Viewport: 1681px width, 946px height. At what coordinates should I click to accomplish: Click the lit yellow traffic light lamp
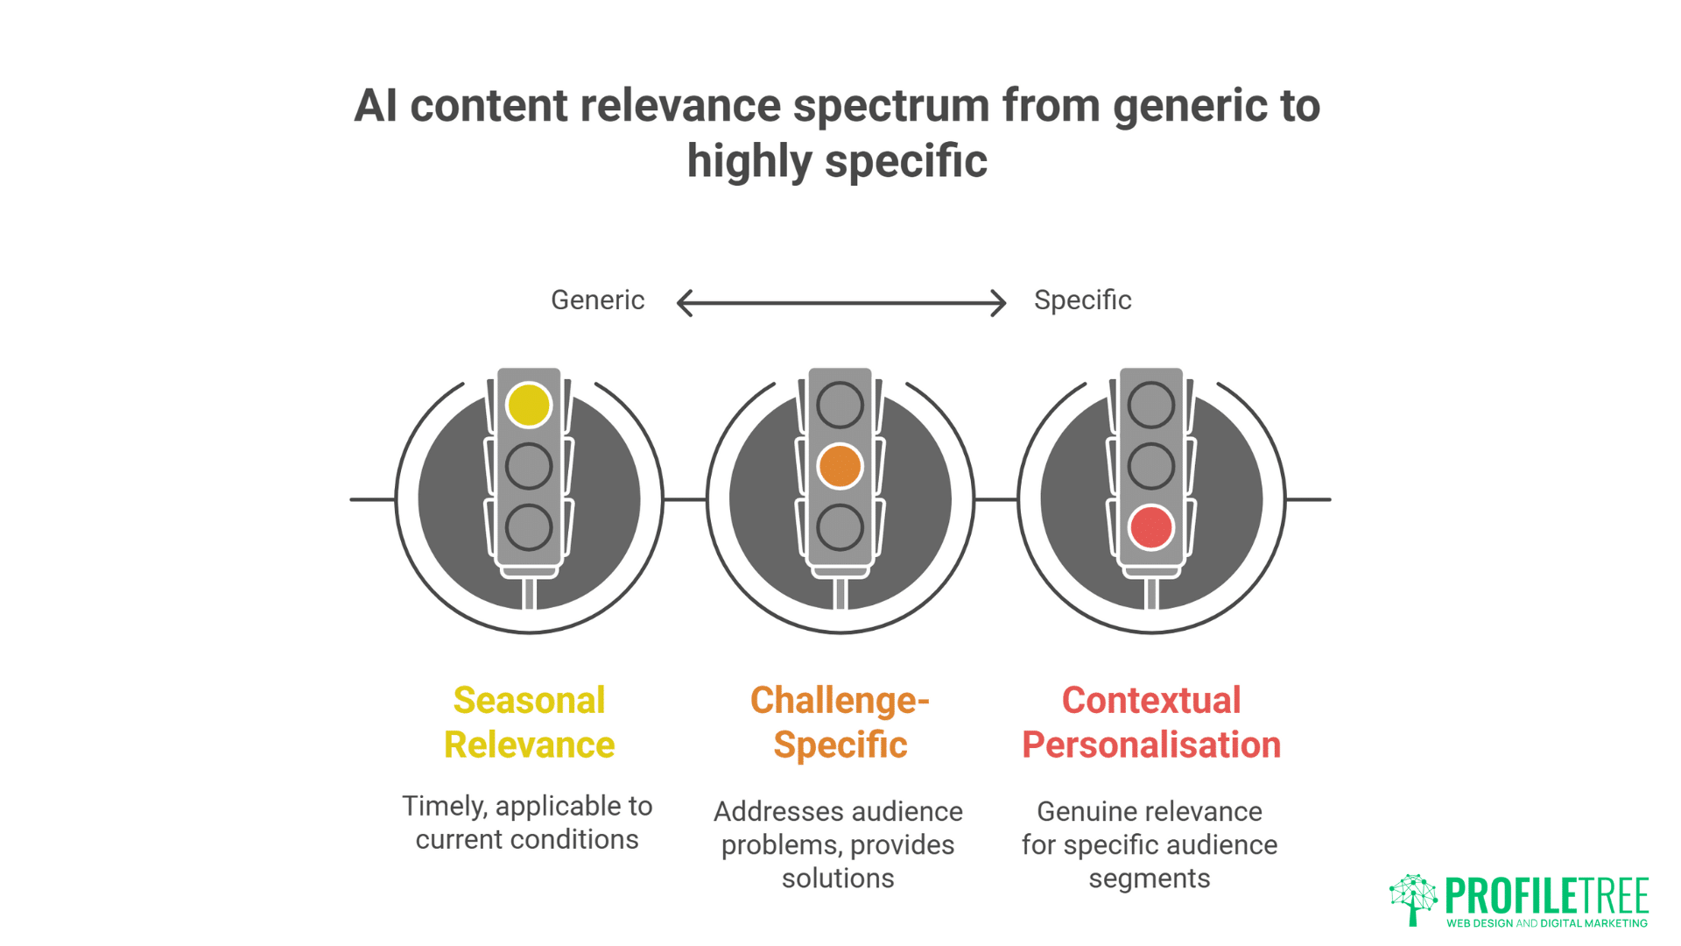pyautogui.click(x=529, y=405)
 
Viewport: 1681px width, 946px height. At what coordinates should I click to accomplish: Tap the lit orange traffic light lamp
pyautogui.click(x=840, y=466)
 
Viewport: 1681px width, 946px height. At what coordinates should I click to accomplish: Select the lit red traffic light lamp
pyautogui.click(x=1150, y=527)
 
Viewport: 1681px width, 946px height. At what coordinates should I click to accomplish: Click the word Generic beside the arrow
pyautogui.click(x=597, y=300)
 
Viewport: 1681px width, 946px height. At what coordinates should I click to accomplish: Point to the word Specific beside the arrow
pyautogui.click(x=1082, y=300)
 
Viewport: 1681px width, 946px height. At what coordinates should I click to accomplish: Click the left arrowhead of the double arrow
pyautogui.click(x=685, y=303)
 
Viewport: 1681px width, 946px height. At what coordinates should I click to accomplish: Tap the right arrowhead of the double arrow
pyautogui.click(x=999, y=303)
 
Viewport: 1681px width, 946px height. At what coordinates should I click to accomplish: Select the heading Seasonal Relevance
pyautogui.click(x=529, y=722)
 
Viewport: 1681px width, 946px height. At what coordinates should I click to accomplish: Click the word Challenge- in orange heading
pyautogui.click(x=840, y=700)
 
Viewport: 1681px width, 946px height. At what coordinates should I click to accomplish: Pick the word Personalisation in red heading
pyautogui.click(x=1150, y=745)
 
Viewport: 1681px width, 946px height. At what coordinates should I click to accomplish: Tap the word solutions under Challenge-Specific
pyautogui.click(x=838, y=878)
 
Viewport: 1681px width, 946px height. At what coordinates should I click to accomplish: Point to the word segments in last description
pyautogui.click(x=1149, y=878)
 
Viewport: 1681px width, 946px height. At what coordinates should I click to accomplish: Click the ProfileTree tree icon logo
pyautogui.click(x=1413, y=899)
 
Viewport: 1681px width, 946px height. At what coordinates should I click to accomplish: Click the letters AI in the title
pyautogui.click(x=376, y=106)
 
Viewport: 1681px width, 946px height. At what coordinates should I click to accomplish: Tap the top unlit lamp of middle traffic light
pyautogui.click(x=840, y=405)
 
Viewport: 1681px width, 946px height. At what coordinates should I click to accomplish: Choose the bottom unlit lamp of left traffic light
pyautogui.click(x=529, y=527)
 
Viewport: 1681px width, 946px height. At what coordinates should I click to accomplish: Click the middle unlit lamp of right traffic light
pyautogui.click(x=1150, y=466)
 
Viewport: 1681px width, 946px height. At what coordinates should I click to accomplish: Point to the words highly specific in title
pyautogui.click(x=836, y=161)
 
